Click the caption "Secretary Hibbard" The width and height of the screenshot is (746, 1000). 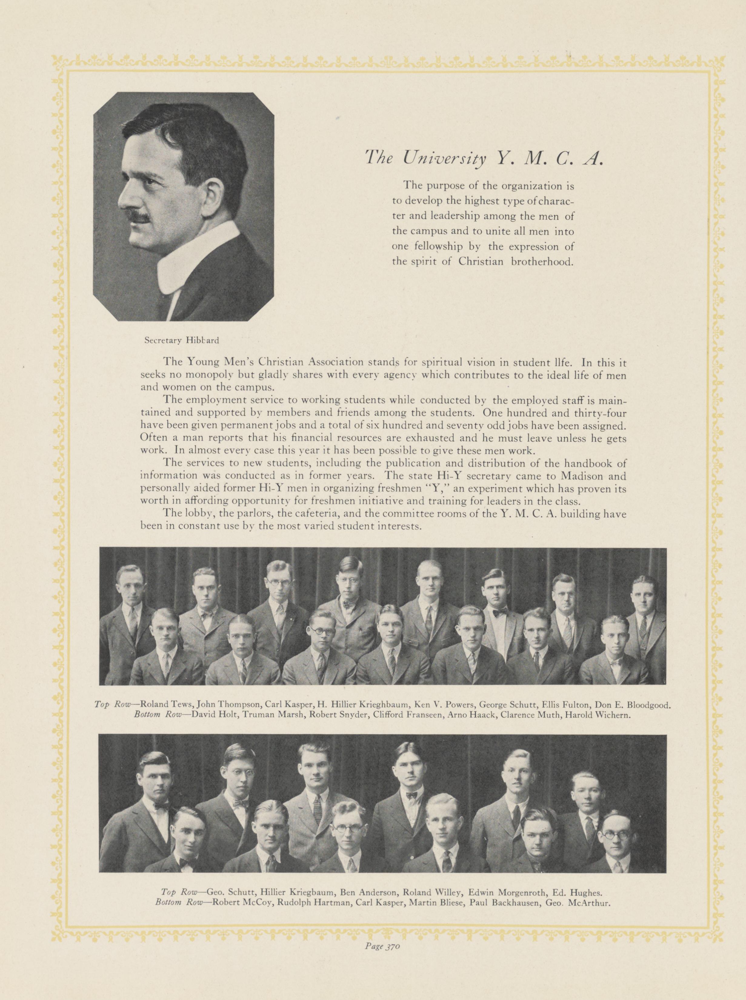tap(181, 341)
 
